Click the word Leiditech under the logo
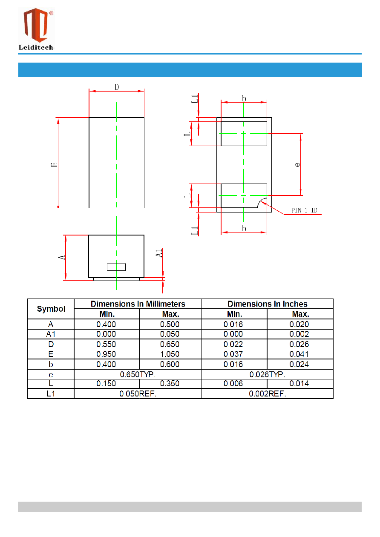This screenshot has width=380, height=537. click(36, 47)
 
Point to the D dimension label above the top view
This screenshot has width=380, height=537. click(117, 87)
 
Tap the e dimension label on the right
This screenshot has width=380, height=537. click(297, 164)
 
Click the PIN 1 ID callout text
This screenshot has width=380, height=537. click(304, 210)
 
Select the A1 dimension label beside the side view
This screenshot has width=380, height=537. click(159, 253)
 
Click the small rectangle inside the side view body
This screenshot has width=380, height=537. click(116, 267)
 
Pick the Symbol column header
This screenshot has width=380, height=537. click(51, 309)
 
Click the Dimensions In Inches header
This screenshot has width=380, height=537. click(267, 304)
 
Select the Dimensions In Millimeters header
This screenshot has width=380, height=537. click(138, 304)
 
